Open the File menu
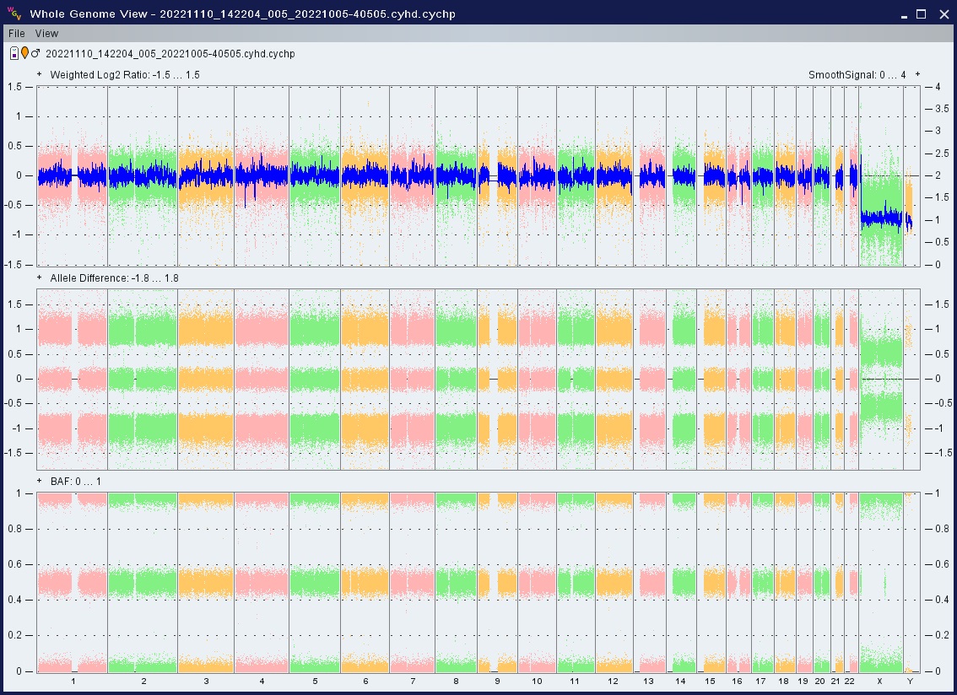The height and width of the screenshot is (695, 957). [x=17, y=34]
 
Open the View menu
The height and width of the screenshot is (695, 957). [x=46, y=34]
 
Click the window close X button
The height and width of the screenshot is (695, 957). [x=943, y=14]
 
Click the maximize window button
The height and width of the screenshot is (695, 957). [x=921, y=14]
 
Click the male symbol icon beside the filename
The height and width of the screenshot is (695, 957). [x=35, y=53]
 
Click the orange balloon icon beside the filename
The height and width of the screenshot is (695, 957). [x=24, y=53]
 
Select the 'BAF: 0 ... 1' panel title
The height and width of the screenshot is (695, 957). [x=76, y=482]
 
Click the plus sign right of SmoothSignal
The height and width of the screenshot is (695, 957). [x=917, y=74]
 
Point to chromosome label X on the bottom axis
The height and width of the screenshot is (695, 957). [x=879, y=681]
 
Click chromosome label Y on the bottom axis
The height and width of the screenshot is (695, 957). [x=910, y=681]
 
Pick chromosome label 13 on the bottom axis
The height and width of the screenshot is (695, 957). [x=648, y=681]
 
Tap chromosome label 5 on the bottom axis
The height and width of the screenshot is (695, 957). [x=315, y=681]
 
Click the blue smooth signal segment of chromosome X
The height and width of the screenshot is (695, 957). [x=881, y=218]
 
